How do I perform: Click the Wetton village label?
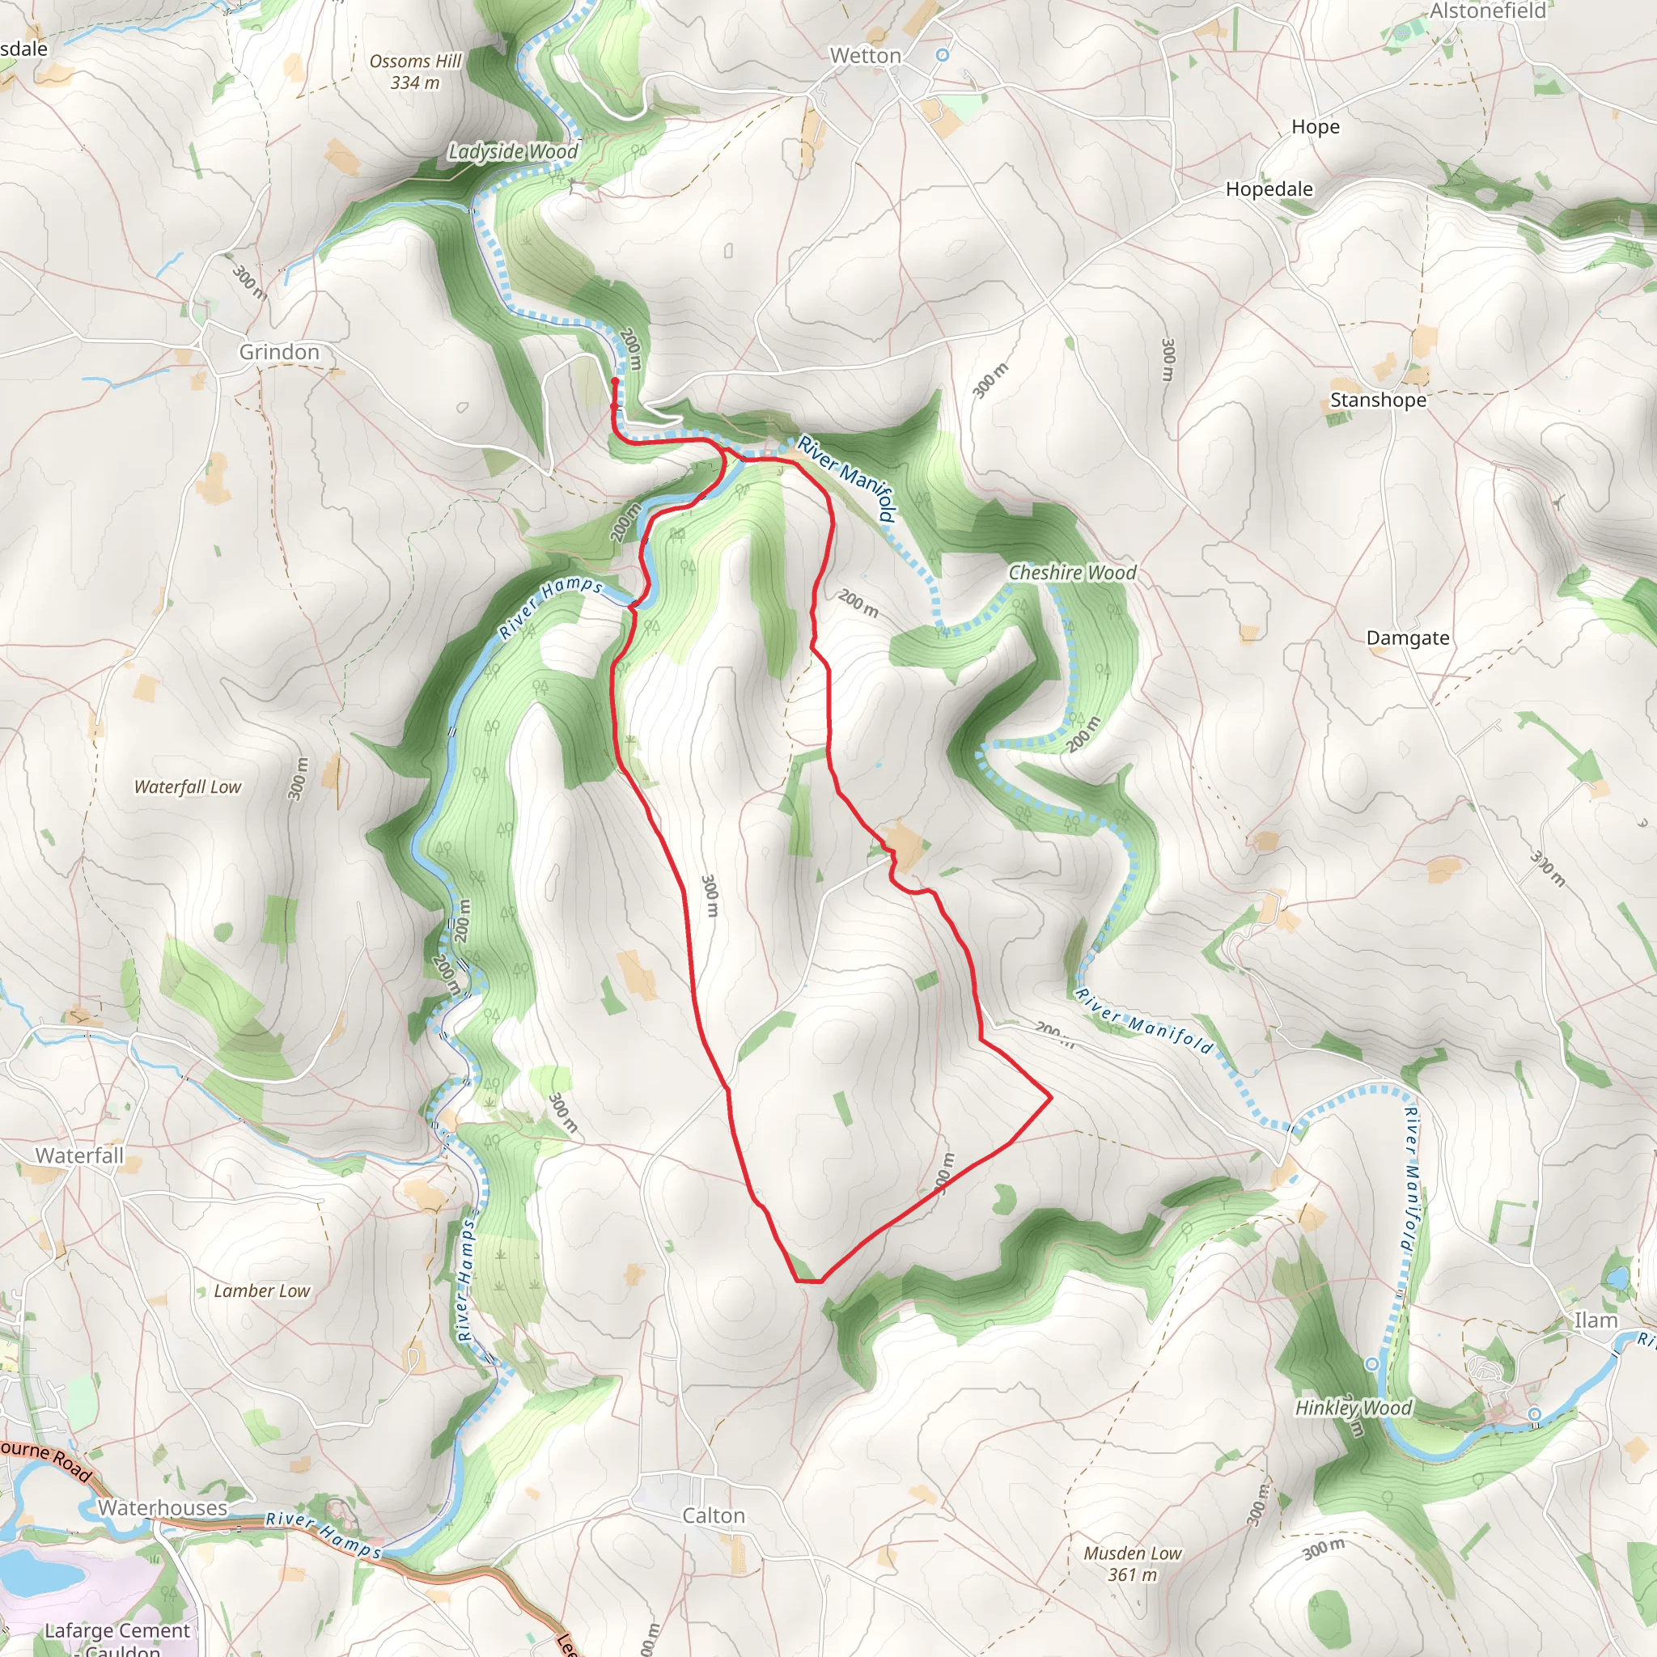pos(865,56)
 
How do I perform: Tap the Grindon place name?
pos(279,352)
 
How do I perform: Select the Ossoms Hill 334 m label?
pos(415,72)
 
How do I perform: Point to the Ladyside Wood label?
pos(513,152)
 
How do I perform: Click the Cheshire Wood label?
pos(1072,572)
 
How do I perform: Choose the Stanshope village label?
pos(1377,400)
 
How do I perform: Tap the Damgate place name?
pos(1408,638)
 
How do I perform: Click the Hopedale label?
pos(1269,189)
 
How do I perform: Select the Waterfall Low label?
pos(188,786)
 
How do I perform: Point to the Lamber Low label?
pos(261,1290)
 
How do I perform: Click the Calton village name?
pos(713,1515)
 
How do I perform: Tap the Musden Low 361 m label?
pos(1132,1563)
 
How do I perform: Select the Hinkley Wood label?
pos(1353,1408)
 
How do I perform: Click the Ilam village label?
pos(1596,1320)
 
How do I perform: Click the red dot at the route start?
pos(615,381)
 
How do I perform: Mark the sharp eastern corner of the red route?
pos(1051,1096)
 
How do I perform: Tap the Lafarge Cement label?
pos(117,1630)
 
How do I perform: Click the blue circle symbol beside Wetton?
pos(943,55)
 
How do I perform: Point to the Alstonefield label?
pos(1487,11)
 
